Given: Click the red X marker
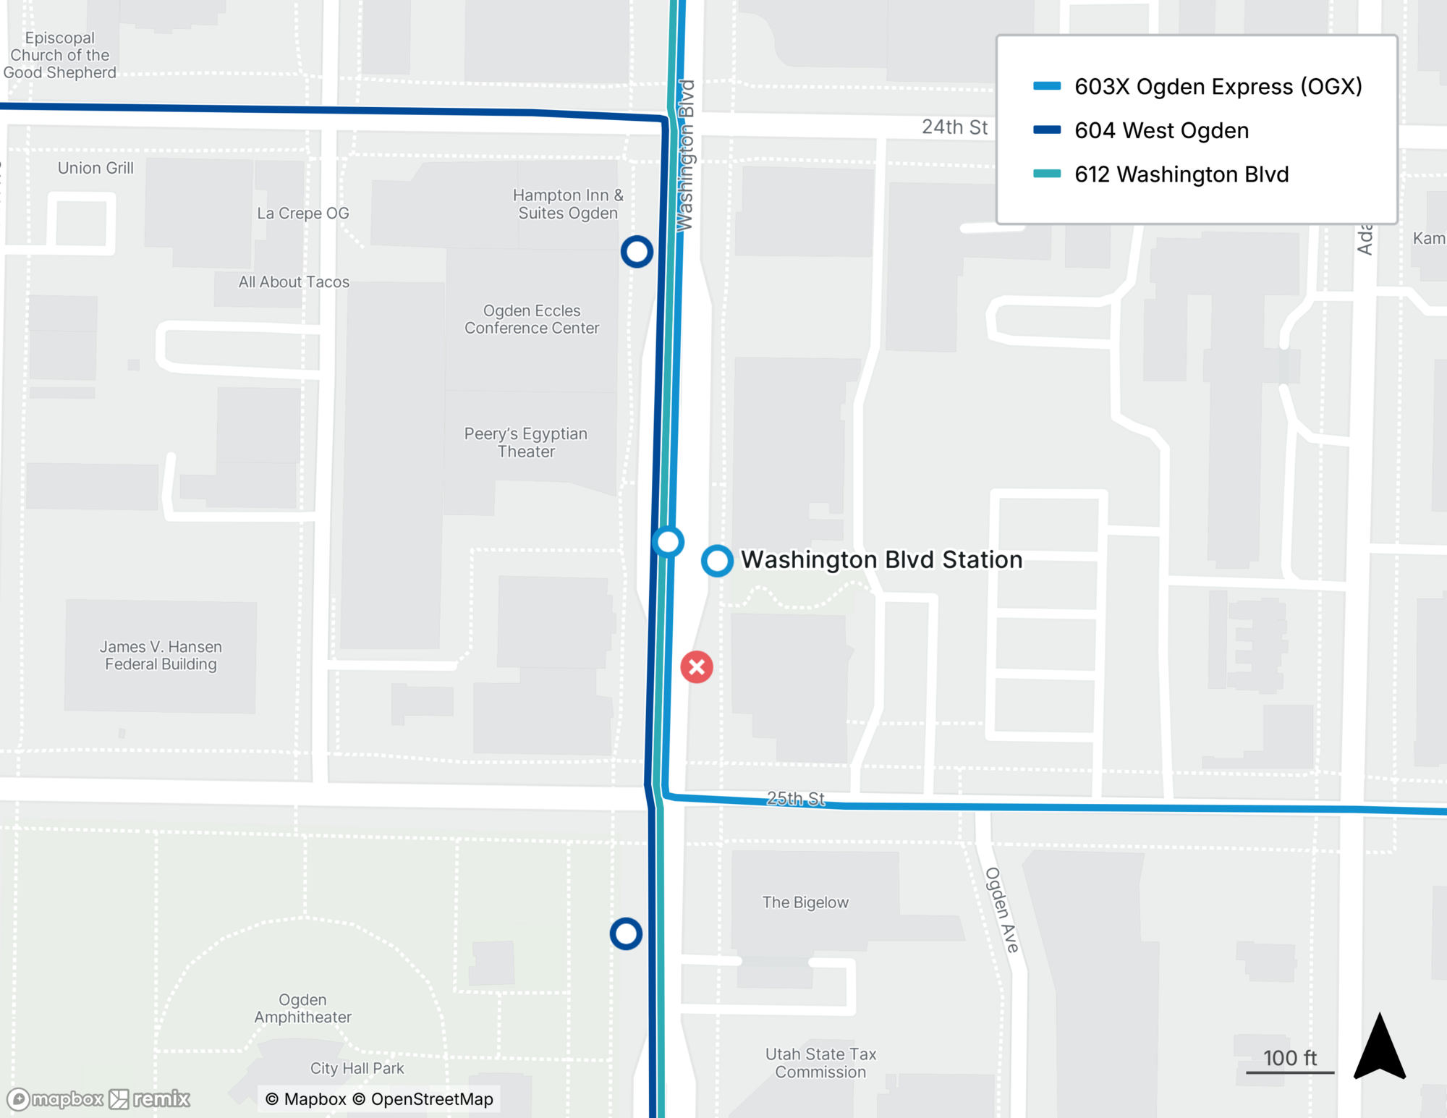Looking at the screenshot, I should coord(697,667).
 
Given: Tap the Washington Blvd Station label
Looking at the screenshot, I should coord(881,560).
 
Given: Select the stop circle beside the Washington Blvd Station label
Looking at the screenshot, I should coord(717,561).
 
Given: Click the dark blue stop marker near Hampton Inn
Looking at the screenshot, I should coord(637,252).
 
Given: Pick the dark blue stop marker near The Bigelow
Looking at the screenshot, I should coord(626,933).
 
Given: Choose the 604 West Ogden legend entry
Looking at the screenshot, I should coord(1161,131).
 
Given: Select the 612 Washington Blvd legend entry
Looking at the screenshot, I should coord(1181,174).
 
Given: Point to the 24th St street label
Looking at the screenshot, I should coord(954,127).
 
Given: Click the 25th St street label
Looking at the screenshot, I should coord(795,798).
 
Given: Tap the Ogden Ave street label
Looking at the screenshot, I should coord(1002,910).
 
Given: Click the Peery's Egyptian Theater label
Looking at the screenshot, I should coord(526,442).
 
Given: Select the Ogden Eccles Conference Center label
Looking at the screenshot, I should coord(532,319).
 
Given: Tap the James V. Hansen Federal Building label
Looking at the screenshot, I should coord(161,656).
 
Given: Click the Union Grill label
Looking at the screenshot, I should coord(96,168).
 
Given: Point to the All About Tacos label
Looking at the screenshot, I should coord(294,282).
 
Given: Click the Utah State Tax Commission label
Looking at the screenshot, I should coord(820,1063).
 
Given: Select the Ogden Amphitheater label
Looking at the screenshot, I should coord(302,1008).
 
